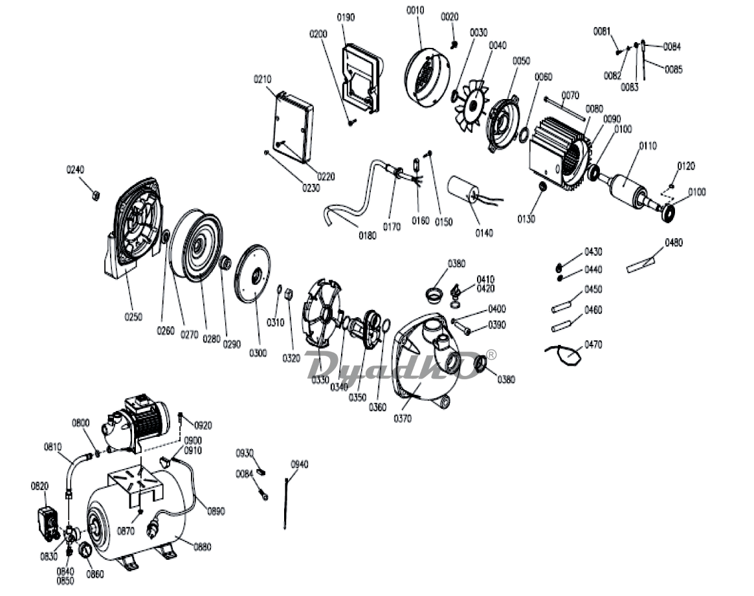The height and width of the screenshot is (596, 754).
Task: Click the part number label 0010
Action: point(416,10)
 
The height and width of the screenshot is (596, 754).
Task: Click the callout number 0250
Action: point(134,316)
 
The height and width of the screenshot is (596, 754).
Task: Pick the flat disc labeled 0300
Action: point(252,274)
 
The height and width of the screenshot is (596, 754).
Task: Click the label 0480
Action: point(674,243)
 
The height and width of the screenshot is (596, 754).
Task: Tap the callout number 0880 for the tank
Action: point(203,547)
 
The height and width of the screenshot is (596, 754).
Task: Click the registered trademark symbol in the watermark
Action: point(491,354)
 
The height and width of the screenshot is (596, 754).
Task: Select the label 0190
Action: point(346,17)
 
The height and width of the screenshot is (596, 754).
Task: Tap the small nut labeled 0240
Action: point(96,195)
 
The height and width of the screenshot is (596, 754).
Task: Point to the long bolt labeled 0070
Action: point(564,109)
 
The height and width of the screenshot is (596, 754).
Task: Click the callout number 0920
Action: point(203,425)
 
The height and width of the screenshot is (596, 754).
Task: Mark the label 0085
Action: point(674,70)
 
